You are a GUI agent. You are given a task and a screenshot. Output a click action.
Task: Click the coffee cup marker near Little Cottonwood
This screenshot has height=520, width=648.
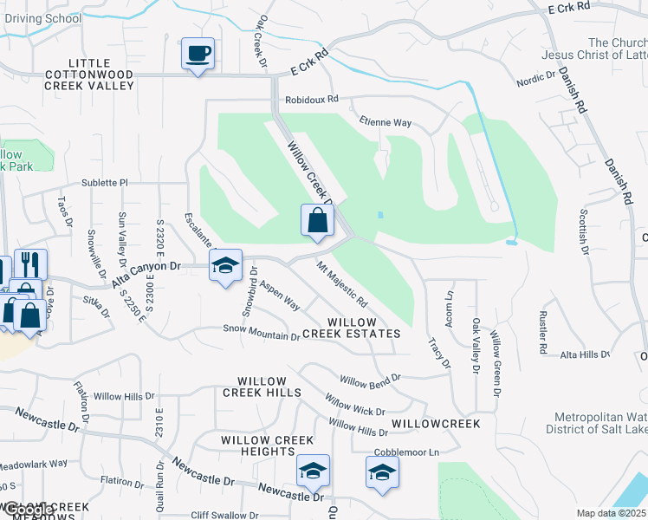[198, 54]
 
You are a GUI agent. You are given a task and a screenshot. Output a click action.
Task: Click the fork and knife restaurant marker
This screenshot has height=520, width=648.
[30, 264]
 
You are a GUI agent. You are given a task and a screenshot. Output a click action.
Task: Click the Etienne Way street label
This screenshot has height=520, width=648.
[386, 123]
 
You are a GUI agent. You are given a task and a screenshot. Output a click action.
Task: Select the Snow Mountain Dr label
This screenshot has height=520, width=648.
[261, 330]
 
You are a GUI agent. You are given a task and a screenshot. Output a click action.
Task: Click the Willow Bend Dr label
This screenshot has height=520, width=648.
[370, 380]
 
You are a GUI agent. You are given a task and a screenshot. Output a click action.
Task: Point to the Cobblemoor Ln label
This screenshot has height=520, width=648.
[407, 452]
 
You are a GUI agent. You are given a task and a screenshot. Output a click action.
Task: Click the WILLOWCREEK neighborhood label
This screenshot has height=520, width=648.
[436, 424]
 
